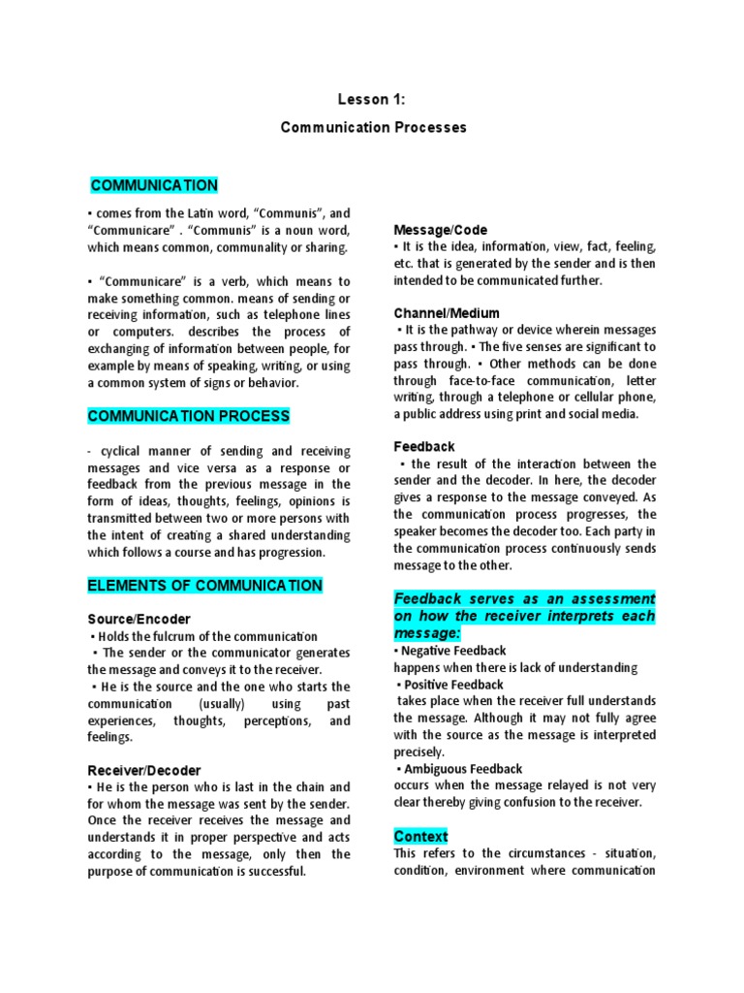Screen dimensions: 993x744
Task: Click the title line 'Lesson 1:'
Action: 372,99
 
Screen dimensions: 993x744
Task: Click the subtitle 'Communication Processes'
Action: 373,127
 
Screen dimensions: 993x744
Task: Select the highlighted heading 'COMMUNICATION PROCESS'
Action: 189,416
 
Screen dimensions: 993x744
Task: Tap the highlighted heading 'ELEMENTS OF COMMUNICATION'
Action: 205,585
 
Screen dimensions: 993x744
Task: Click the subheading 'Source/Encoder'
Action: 139,619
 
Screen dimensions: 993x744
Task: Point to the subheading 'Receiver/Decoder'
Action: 144,769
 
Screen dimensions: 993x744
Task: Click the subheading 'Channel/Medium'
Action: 447,313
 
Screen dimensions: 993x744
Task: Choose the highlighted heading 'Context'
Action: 421,836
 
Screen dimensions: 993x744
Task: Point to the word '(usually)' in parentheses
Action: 224,703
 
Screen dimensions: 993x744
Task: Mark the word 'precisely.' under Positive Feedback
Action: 419,752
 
